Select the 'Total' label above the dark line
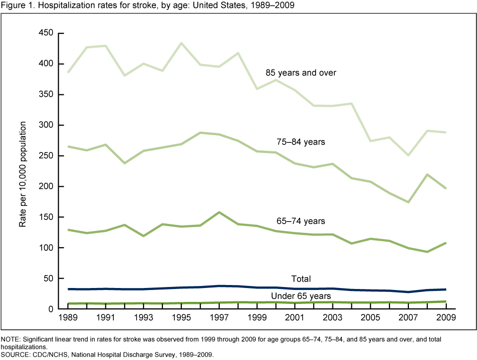click(x=301, y=279)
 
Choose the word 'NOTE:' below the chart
click(x=11, y=339)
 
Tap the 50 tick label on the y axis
click(x=49, y=279)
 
